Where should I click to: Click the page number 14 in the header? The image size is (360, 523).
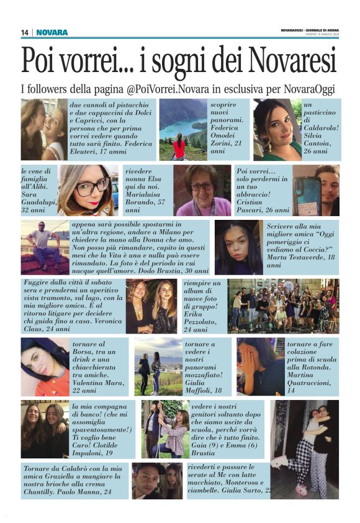25,32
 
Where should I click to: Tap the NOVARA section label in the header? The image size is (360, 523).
52,32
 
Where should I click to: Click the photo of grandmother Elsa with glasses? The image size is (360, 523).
202,190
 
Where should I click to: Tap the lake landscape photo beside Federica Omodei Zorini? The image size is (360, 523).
182,130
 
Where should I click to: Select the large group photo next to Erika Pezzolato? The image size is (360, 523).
283,306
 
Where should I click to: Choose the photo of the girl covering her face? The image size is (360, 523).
260,366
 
